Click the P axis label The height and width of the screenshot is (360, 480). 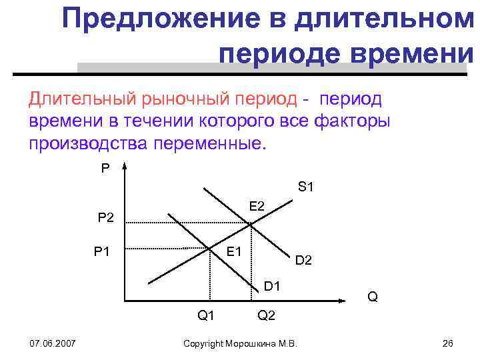[x=105, y=169]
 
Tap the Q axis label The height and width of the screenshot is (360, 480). [x=373, y=295]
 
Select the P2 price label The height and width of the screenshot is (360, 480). [x=105, y=217]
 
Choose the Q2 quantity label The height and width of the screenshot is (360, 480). [x=266, y=315]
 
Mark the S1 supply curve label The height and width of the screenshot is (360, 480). [x=306, y=187]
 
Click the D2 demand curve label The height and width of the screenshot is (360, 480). [x=303, y=259]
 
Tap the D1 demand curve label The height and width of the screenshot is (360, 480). [x=271, y=287]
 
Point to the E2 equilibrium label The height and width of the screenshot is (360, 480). [x=257, y=207]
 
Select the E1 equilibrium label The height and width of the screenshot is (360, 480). [x=234, y=251]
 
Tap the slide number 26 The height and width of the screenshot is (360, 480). [x=447, y=343]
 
